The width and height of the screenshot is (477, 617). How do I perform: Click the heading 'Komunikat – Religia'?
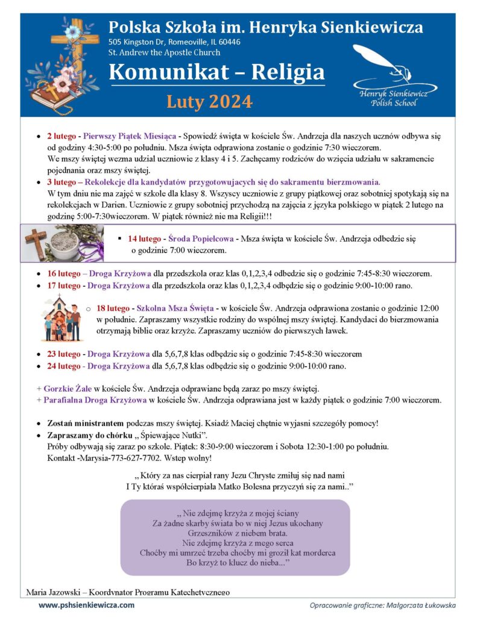(216, 73)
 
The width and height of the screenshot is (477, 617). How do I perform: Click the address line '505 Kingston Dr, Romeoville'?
(174, 42)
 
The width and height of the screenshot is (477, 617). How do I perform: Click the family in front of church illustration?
(63, 318)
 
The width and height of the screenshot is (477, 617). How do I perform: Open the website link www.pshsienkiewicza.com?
(87, 605)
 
